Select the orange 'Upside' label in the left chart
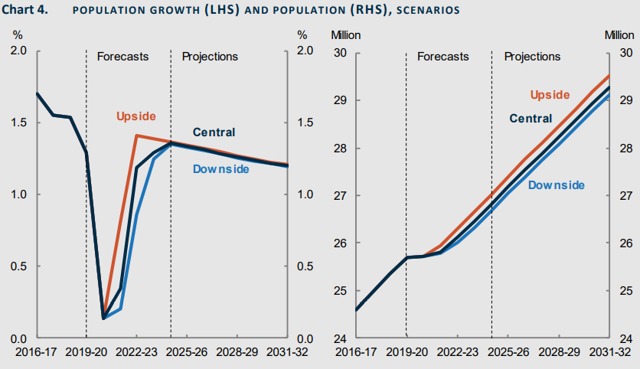(136, 116)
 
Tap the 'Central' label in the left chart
(214, 132)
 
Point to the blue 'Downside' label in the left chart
(220, 168)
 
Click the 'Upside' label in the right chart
(550, 95)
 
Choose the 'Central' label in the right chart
(531, 119)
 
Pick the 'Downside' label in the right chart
(557, 185)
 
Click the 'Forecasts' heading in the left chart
(122, 57)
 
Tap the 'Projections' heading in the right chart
(532, 57)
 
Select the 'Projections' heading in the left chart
(210, 57)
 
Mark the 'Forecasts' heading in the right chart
(442, 57)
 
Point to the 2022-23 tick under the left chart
(137, 352)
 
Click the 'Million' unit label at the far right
(619, 35)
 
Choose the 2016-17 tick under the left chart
(36, 352)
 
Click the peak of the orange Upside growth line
(136, 136)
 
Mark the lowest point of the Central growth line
(103, 318)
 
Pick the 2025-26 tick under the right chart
(508, 352)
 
